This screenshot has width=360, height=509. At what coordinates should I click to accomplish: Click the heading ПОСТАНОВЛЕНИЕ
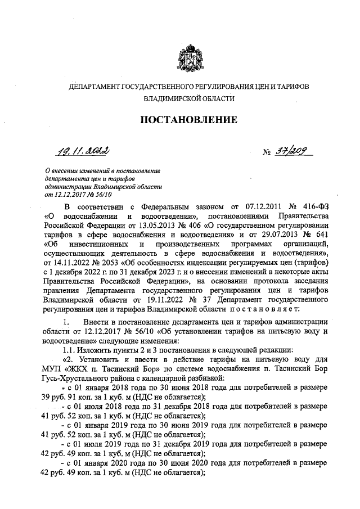(x=188, y=119)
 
